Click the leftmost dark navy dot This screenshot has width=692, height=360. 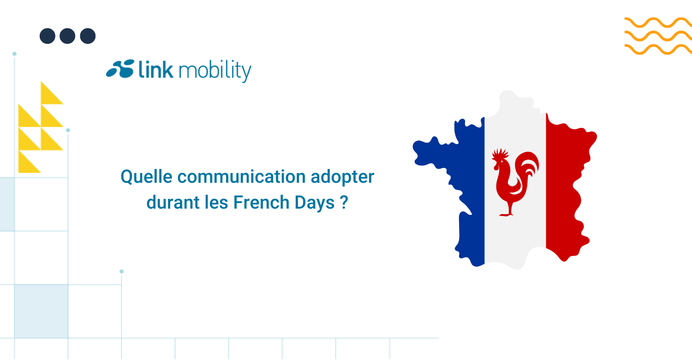[47, 36]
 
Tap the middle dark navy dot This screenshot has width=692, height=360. [67, 36]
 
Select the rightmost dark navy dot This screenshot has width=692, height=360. [88, 36]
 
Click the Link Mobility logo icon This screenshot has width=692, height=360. [120, 69]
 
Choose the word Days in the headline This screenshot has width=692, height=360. [315, 203]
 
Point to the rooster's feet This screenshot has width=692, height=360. [507, 214]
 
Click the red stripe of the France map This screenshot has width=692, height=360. [565, 185]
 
